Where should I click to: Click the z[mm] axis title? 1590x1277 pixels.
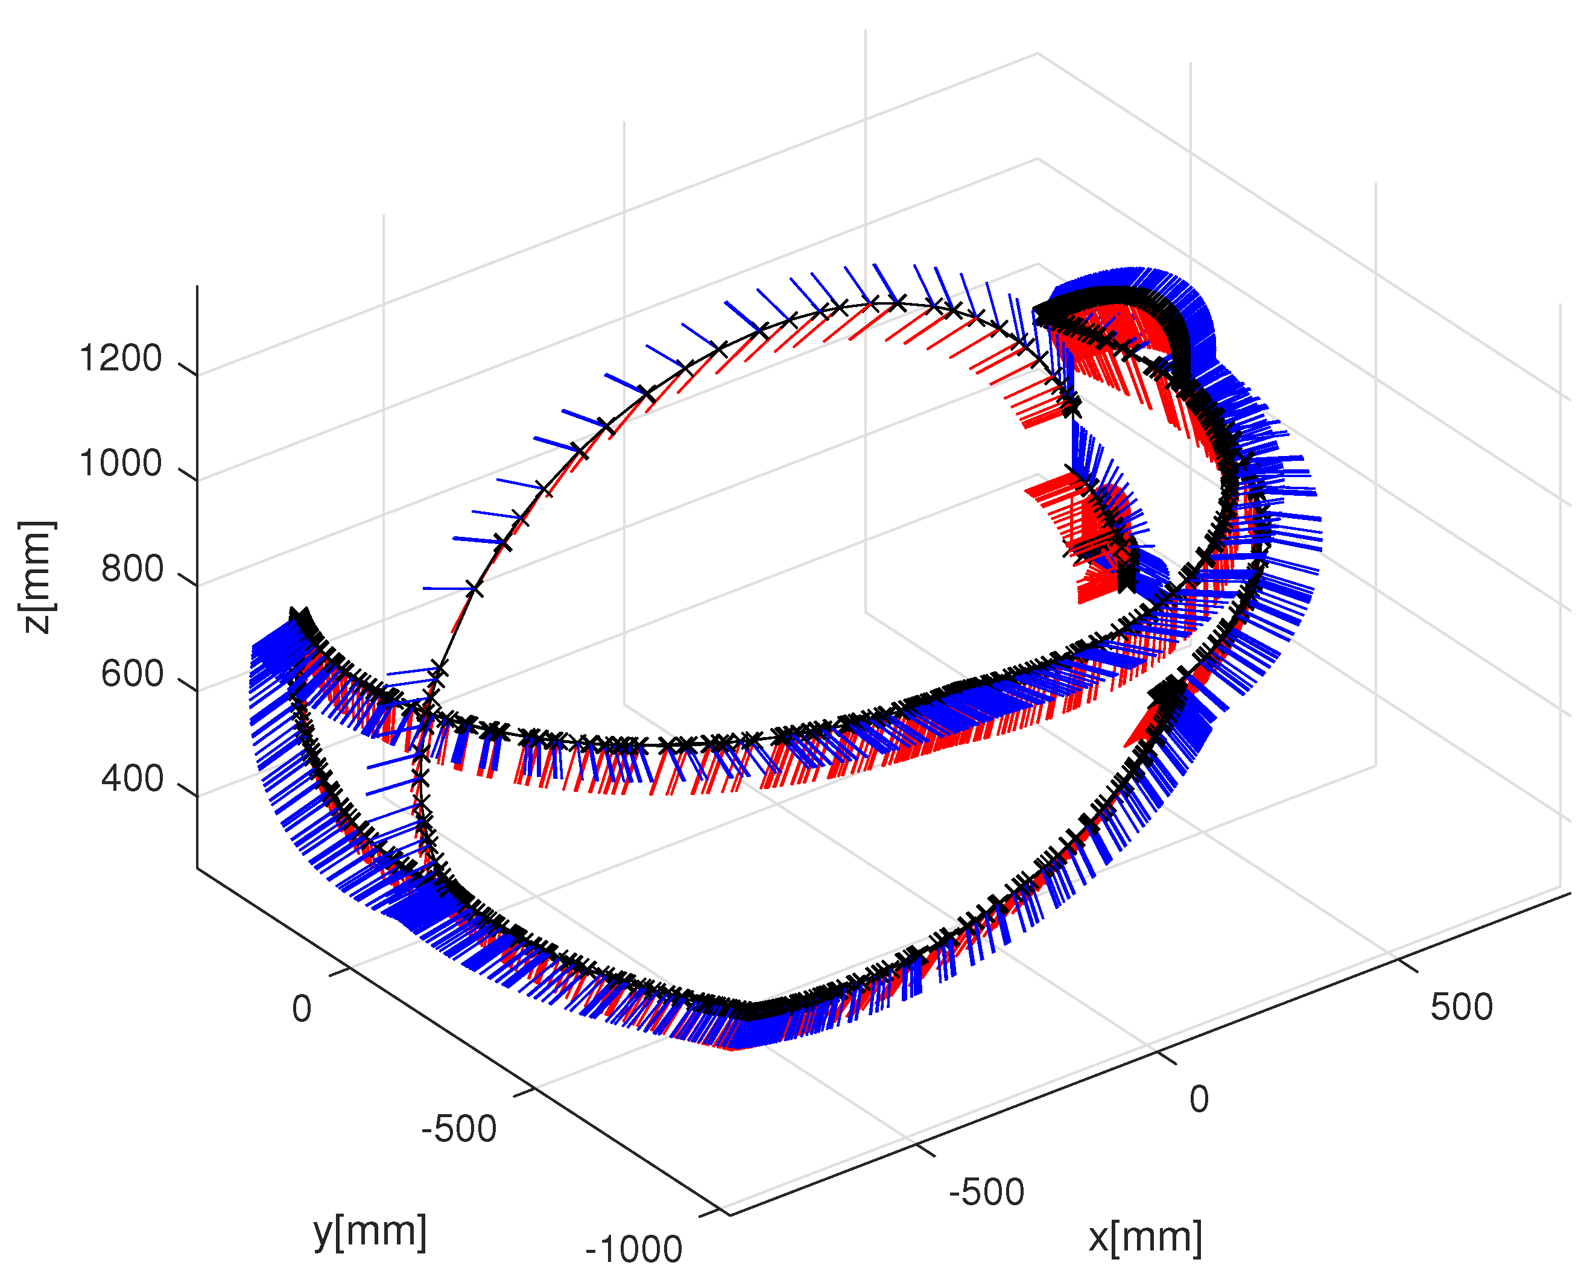pyautogui.click(x=37, y=577)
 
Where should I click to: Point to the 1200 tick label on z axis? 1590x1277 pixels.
pyautogui.click(x=120, y=359)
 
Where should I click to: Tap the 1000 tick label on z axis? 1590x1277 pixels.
pyautogui.click(x=120, y=464)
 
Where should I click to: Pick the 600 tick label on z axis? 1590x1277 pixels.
pyautogui.click(x=132, y=674)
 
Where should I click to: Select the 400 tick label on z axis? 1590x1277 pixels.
pyautogui.click(x=132, y=779)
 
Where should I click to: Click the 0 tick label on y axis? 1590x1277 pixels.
pyautogui.click(x=302, y=1009)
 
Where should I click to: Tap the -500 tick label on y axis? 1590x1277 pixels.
pyautogui.click(x=458, y=1129)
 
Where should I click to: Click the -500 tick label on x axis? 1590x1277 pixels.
pyautogui.click(x=987, y=1192)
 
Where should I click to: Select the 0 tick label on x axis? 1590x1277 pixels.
pyautogui.click(x=1199, y=1099)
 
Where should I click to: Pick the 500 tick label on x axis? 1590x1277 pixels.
pyautogui.click(x=1462, y=1007)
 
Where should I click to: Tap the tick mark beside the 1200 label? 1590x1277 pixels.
pyautogui.click(x=188, y=369)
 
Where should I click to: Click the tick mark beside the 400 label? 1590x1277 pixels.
pyautogui.click(x=188, y=790)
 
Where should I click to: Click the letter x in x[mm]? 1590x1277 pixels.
pyautogui.click(x=1098, y=1238)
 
